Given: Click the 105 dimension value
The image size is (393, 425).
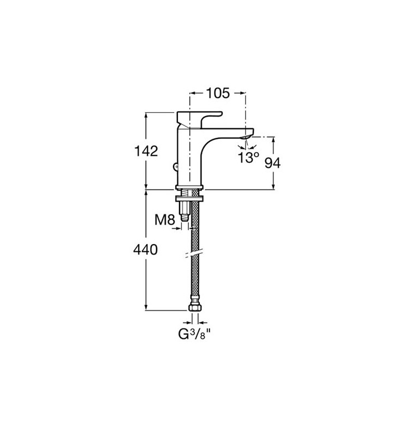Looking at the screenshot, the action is (x=218, y=93).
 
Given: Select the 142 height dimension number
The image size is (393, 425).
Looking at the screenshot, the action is (x=146, y=151).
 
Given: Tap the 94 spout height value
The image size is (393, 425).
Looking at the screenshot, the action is (x=272, y=163).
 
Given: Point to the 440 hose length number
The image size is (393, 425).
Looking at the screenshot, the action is (x=145, y=250).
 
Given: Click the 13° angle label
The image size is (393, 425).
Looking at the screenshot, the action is (x=248, y=157).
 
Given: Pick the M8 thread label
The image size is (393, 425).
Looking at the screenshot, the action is (x=165, y=220).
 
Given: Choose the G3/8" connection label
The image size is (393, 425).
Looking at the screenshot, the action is (x=194, y=333).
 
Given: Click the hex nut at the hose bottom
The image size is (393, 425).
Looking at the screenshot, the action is (x=195, y=307).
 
